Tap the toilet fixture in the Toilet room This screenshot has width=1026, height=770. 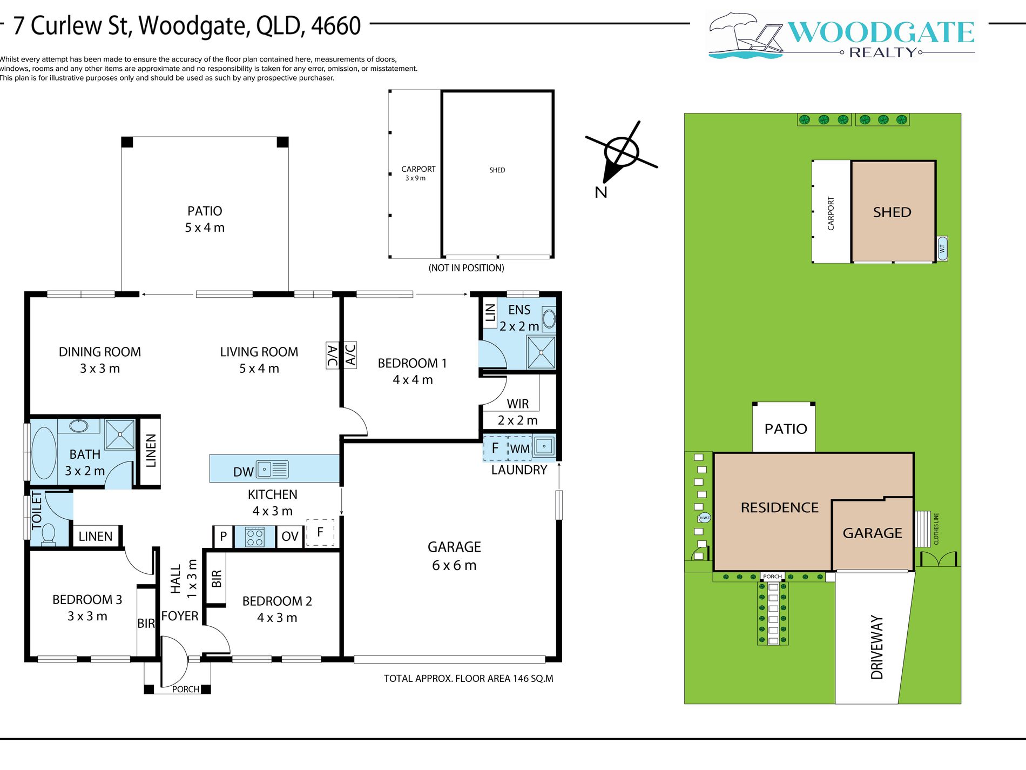pos(49,534)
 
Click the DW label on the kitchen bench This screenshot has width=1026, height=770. pos(243,472)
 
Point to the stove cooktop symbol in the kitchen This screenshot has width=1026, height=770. pos(255,537)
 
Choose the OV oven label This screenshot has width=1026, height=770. pos(290,536)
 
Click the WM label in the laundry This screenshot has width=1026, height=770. pos(520,448)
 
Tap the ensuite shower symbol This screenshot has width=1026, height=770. pos(541,352)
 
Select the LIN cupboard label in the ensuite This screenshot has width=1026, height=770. pos(490,312)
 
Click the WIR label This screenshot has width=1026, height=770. pos(518,404)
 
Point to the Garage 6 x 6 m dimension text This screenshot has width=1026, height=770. pos(454,565)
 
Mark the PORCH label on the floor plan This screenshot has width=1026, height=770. pos(186,689)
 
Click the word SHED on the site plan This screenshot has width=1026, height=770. pos(892,212)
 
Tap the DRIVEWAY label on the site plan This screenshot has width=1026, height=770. pos(877,647)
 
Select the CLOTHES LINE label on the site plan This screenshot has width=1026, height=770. pos(936,528)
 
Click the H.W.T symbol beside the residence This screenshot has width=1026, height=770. pos(704,518)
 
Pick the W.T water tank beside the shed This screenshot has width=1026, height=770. pos(942,249)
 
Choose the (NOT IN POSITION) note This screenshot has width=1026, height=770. pos(467,268)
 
